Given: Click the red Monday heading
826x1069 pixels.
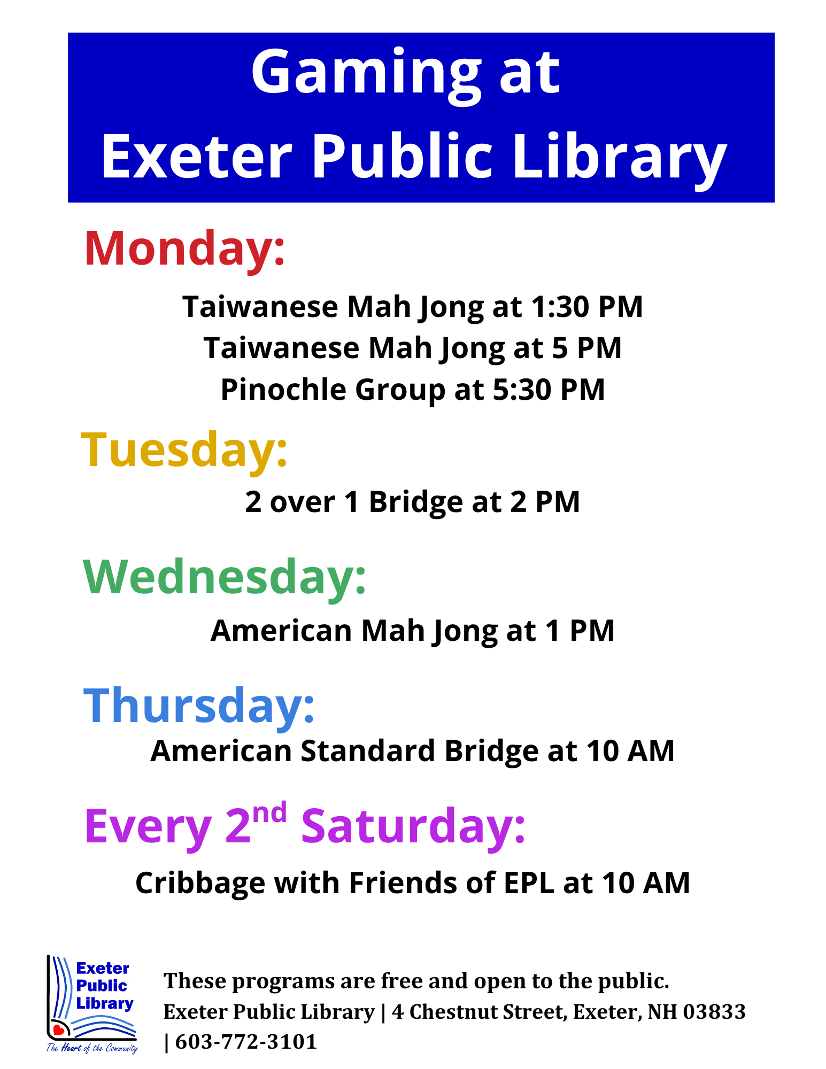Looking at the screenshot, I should click(x=184, y=249).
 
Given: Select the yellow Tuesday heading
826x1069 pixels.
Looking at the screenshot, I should click(x=184, y=450).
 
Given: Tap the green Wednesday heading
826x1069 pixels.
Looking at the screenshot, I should click(x=225, y=577).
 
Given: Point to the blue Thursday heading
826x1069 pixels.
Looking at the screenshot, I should click(x=199, y=706).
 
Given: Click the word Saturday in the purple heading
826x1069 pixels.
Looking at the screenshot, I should click(x=413, y=826).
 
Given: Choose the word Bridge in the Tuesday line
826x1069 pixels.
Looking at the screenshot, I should click(x=412, y=502).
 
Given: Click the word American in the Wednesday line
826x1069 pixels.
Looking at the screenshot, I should click(x=281, y=631).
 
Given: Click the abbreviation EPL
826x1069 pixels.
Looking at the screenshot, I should click(x=529, y=883).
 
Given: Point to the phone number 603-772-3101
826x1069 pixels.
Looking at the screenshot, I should click(x=246, y=1042).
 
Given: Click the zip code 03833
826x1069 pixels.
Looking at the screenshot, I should click(x=714, y=1012).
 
